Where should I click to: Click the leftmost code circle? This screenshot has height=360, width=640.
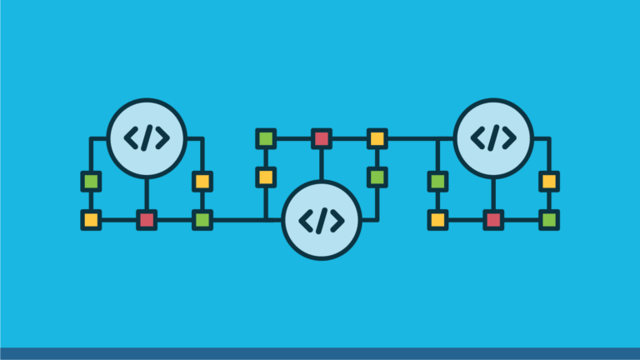pos(147,138)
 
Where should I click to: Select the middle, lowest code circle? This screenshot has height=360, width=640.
pos(321,220)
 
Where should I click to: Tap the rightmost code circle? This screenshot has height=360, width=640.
pos(493,138)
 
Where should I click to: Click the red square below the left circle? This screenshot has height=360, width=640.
pos(147,220)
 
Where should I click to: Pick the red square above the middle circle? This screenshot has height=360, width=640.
pos(321,138)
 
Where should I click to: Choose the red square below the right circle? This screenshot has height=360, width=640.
pos(493,220)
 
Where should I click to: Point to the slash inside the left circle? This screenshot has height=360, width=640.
pos(147,138)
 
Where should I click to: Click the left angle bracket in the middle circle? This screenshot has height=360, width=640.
pos(306,220)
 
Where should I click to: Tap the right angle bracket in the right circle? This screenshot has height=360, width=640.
pos(508,138)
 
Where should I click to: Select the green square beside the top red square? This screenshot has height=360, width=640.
pos(266,138)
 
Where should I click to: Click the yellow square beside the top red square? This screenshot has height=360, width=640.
pos(377,138)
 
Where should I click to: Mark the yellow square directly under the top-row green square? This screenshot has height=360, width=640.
pos(266,177)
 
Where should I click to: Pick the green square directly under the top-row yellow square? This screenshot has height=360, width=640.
pos(377,177)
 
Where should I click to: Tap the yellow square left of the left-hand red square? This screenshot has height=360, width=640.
pos(91,220)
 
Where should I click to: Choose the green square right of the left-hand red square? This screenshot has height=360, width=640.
pos(202,220)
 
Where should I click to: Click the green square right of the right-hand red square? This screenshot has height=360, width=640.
pos(548,220)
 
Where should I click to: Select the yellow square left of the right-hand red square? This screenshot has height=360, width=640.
pos(437,220)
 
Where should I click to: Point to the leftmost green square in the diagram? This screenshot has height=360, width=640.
pos(91,181)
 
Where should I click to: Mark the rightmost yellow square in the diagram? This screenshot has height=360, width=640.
pos(548,181)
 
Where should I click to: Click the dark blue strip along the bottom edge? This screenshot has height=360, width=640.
pos(320,353)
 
